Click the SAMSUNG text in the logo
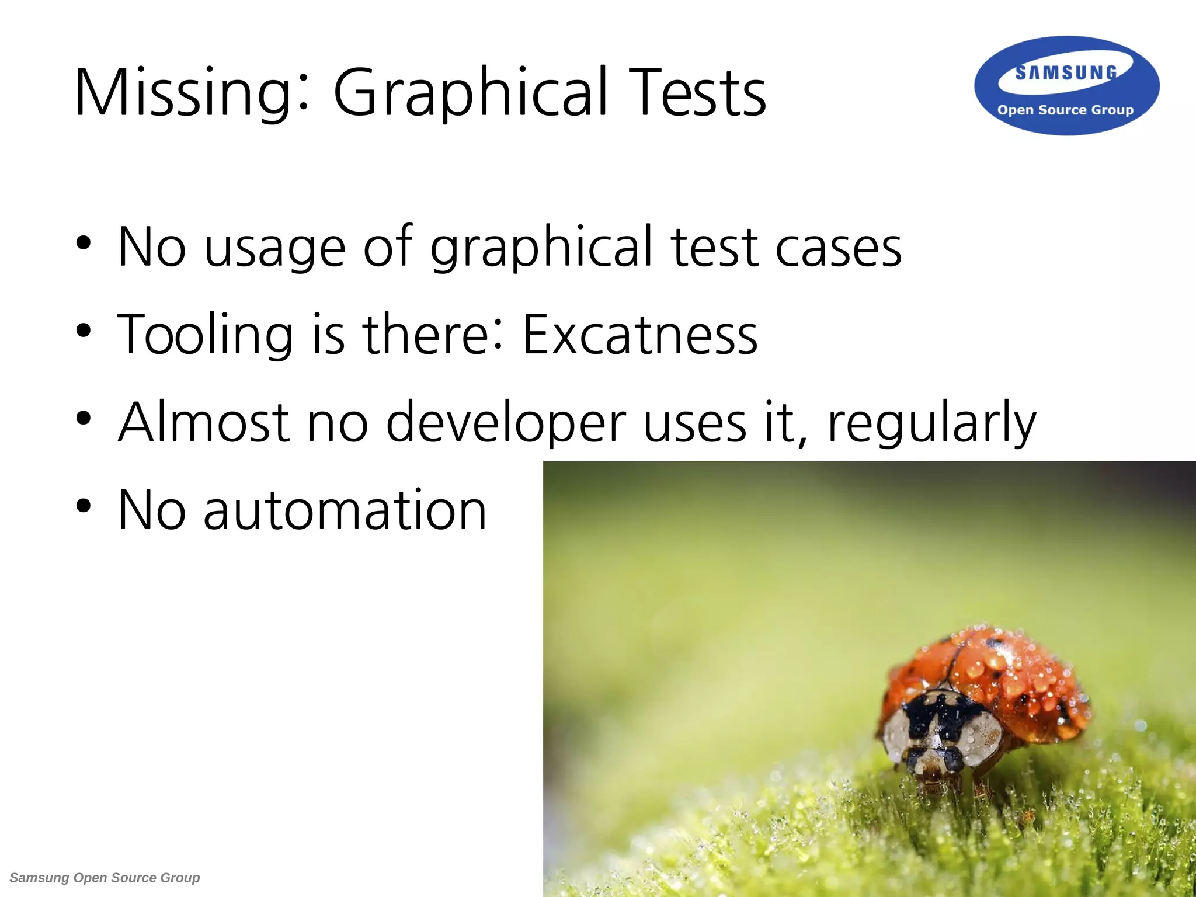(x=1066, y=73)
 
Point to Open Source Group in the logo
(x=1065, y=110)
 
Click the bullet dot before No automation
(x=84, y=506)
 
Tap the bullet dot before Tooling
(x=84, y=331)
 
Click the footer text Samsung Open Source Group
(x=105, y=878)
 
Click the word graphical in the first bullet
(x=540, y=248)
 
